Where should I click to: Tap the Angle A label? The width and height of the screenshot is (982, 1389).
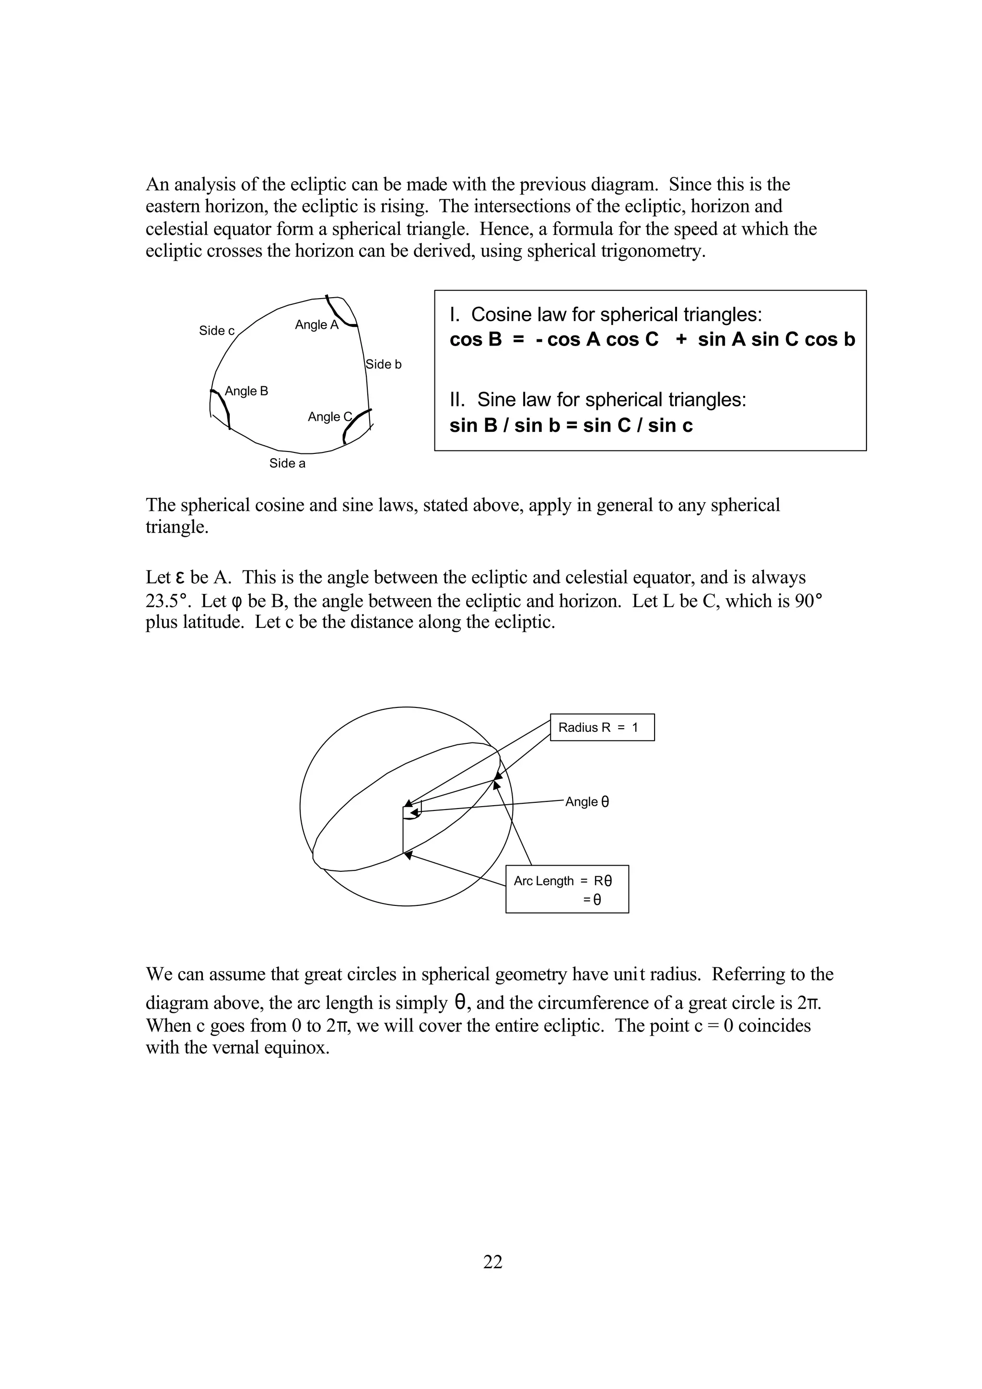316,325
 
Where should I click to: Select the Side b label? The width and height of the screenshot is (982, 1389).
384,364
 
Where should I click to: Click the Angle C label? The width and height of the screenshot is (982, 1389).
329,417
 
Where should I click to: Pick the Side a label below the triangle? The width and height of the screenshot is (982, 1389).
287,463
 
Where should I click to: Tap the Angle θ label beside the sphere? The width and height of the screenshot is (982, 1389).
587,802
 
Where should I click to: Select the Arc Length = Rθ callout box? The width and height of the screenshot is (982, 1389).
567,889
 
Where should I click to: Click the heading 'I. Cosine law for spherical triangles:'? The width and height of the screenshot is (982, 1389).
606,314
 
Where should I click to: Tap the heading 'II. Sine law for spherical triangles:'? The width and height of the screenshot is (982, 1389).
598,400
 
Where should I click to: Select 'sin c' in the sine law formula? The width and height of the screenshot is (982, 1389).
670,426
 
